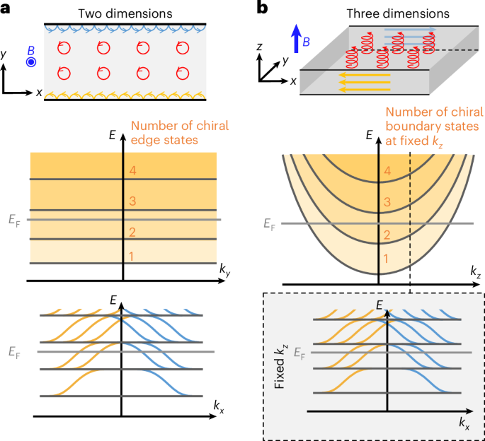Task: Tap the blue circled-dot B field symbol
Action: click(31, 62)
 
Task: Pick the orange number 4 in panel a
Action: click(131, 170)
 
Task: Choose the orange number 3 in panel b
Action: click(385, 202)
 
